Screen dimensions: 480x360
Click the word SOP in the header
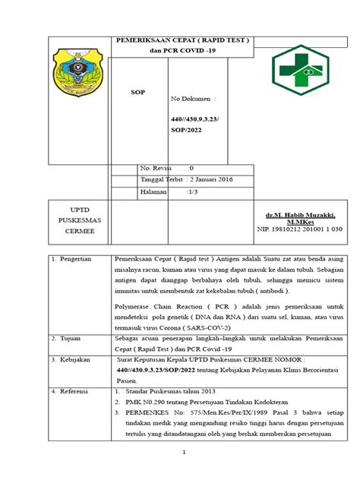point(138,92)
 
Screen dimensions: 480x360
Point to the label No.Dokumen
point(193,99)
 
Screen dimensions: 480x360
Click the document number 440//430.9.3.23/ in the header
point(195,119)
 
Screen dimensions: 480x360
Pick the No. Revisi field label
point(157,168)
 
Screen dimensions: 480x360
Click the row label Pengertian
point(73,259)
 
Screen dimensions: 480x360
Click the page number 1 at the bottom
point(184,453)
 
